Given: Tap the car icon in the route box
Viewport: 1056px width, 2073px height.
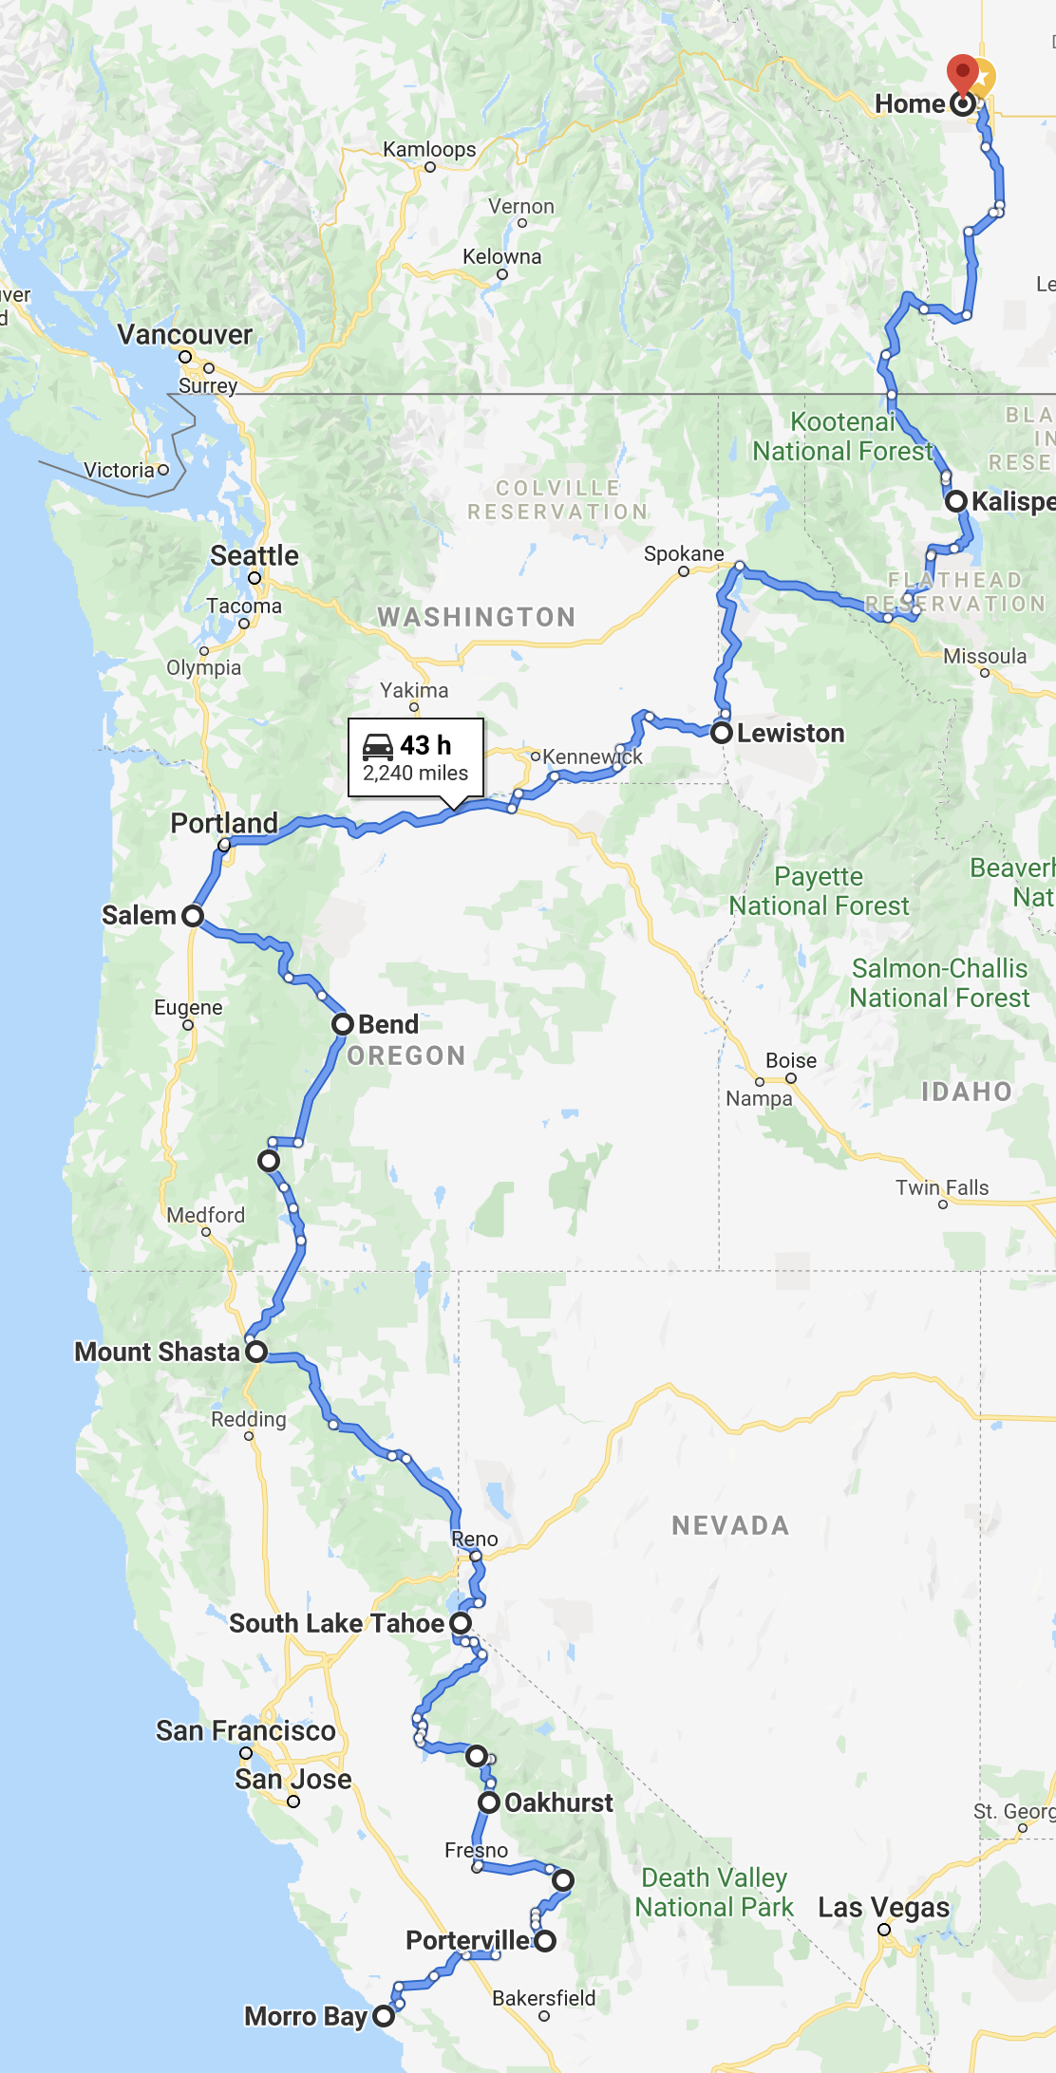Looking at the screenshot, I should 378,746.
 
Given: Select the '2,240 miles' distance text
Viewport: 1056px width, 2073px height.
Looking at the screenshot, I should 415,774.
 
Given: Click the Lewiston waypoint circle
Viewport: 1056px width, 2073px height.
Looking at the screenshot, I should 722,733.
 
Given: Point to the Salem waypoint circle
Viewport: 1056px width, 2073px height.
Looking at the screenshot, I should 193,916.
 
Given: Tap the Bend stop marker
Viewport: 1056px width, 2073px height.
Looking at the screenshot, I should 343,1024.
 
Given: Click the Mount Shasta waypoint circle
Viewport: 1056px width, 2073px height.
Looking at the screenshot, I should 256,1352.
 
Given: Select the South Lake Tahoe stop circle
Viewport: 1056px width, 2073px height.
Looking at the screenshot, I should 461,1623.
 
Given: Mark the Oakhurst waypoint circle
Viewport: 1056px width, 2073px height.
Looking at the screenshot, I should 489,1802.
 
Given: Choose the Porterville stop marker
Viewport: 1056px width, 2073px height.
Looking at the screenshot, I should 545,1941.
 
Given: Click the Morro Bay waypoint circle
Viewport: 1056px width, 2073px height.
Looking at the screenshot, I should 384,2016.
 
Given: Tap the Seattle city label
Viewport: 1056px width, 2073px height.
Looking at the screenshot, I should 255,555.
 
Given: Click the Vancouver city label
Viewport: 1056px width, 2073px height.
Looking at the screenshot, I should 185,335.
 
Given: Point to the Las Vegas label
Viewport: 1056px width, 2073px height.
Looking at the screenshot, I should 883,1908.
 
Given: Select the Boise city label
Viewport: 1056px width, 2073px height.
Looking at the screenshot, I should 791,1061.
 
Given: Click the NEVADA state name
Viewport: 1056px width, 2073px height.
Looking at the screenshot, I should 730,1525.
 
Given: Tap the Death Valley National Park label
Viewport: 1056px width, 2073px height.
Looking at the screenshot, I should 714,1893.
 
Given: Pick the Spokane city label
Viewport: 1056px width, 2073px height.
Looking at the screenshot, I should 684,554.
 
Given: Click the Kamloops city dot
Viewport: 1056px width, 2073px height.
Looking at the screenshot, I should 430,167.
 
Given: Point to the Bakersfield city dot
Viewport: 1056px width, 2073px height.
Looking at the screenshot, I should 544,2016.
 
